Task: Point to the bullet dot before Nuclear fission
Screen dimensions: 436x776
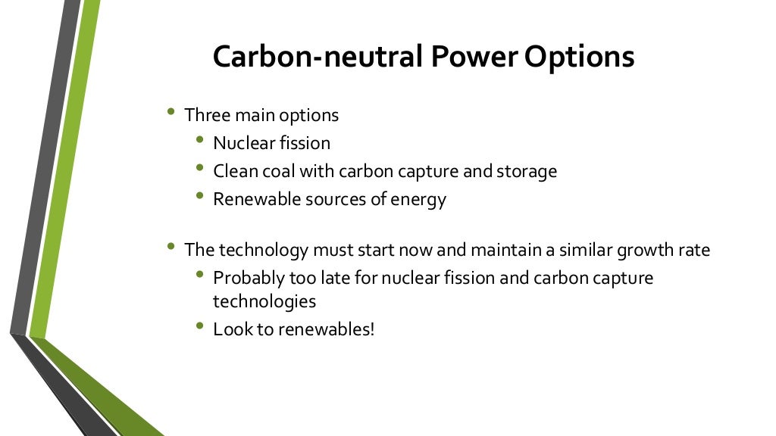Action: coord(199,139)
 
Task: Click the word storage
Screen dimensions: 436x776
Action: coord(527,172)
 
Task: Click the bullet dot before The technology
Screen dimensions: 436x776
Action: coord(171,246)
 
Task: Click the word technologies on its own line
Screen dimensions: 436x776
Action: coord(264,301)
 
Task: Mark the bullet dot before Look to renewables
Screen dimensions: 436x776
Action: coord(199,326)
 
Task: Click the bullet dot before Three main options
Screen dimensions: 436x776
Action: coord(171,112)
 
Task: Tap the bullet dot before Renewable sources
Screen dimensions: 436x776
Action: coord(199,195)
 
